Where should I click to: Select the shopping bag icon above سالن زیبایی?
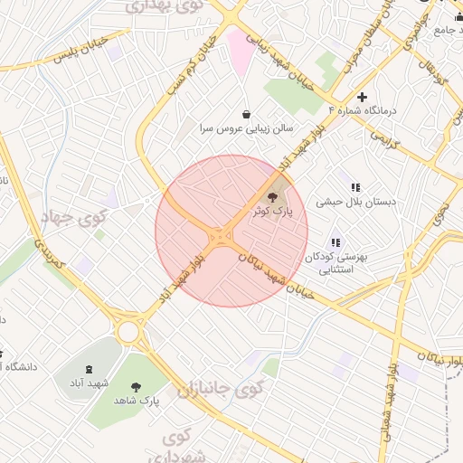(247, 114)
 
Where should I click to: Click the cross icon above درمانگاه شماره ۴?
(363, 97)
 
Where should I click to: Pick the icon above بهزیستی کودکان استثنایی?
(336, 242)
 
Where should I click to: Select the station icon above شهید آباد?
(89, 369)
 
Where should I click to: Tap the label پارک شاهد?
(137, 399)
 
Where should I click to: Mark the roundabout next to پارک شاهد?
(128, 332)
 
